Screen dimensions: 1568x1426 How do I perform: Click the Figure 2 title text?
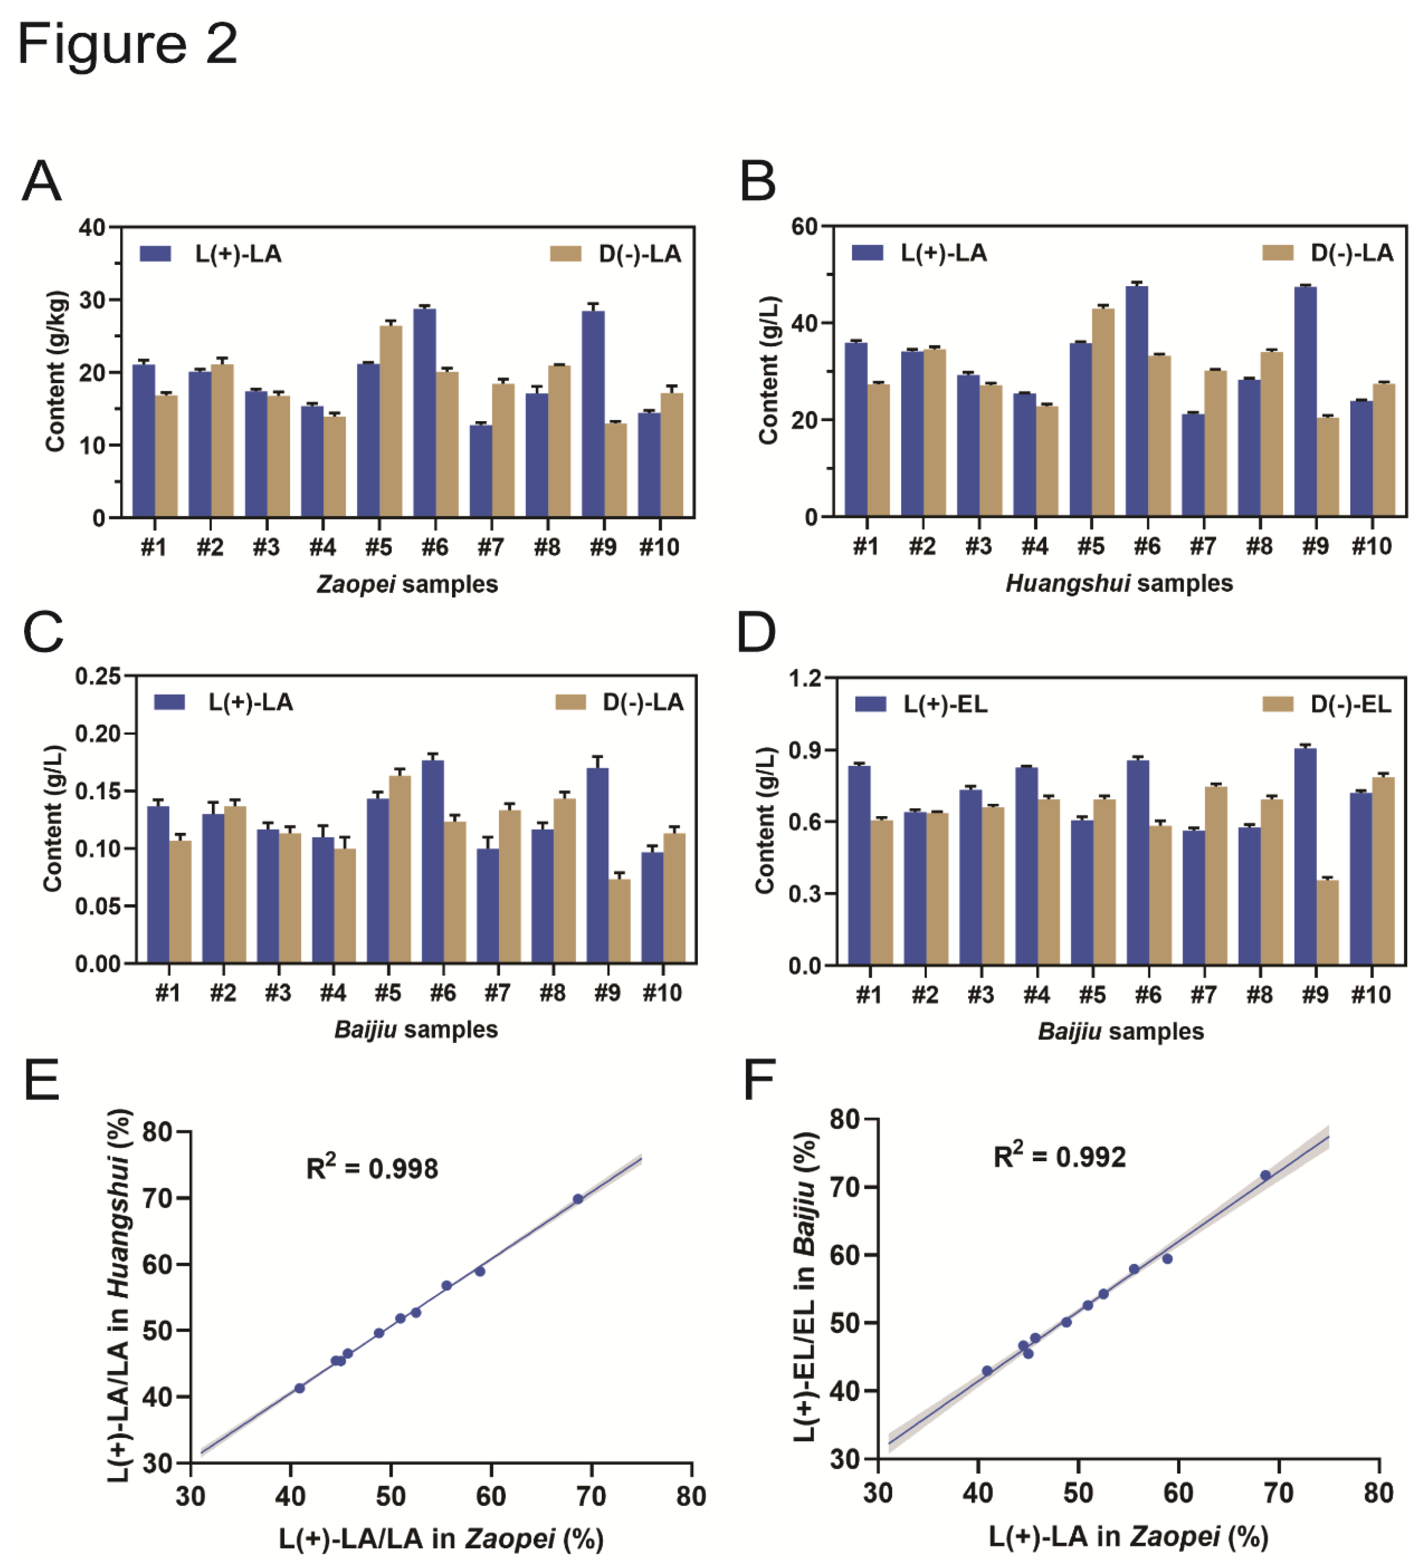click(127, 44)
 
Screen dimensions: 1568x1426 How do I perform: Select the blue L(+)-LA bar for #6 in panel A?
click(425, 412)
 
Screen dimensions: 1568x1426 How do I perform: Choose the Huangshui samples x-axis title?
click(1119, 583)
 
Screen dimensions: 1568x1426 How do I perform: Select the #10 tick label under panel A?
click(659, 547)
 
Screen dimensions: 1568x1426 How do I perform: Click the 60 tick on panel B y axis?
click(804, 227)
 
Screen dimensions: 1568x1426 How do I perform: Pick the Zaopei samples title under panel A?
click(407, 584)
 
